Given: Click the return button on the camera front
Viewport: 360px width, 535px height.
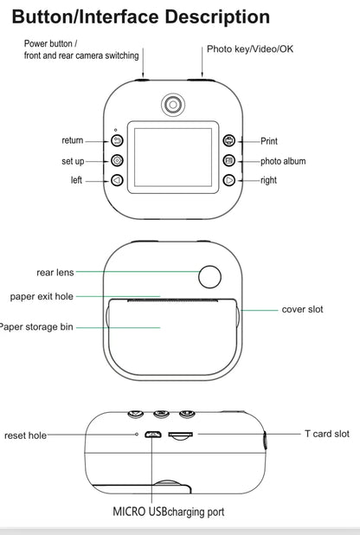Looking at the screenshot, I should pos(118,140).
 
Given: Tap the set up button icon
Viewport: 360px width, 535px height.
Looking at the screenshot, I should pos(118,160).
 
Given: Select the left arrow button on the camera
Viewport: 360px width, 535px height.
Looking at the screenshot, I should pos(118,180).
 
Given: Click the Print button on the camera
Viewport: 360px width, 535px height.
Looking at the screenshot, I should pos(228,140).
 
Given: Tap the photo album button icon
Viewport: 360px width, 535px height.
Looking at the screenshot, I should pos(228,160).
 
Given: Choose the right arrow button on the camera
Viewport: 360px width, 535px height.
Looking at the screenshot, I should pos(228,180).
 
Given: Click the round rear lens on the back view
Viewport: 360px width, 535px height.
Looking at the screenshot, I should pos(210,276).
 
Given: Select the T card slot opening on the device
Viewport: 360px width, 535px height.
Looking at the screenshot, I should pos(180,435).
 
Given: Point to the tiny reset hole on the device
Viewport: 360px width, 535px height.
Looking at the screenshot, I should pos(136,434).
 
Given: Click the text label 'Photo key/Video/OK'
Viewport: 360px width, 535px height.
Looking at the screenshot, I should pos(249,48).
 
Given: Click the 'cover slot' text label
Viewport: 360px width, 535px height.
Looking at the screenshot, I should pos(302,309).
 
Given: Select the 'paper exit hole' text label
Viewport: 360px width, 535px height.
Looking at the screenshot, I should pos(42,296).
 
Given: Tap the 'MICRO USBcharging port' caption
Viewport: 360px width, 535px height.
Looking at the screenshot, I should pos(168,512).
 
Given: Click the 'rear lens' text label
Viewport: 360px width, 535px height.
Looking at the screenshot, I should pos(55,272).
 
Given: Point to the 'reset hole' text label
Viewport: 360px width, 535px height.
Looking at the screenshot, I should pos(26,435).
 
